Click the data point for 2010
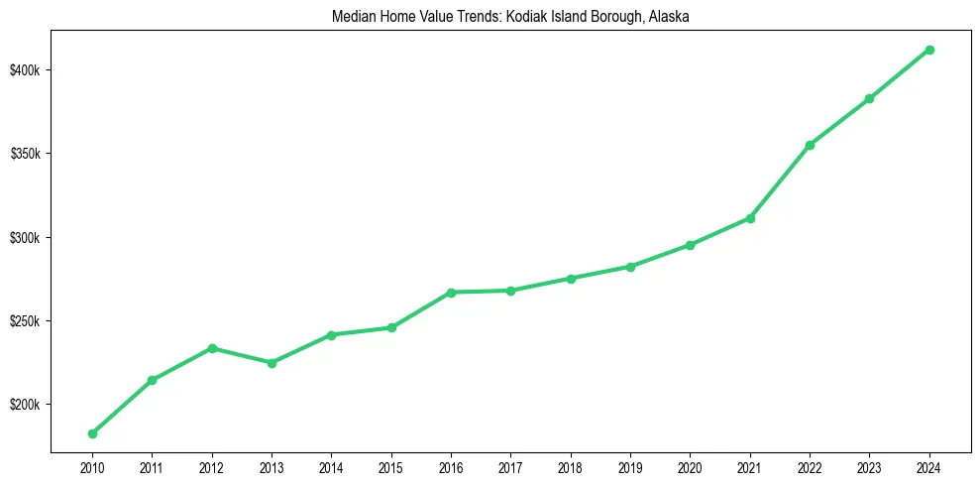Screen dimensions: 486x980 pos(92,433)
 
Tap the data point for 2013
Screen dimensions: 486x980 pos(272,363)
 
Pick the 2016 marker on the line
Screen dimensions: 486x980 pos(451,293)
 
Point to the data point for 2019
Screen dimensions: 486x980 pos(630,267)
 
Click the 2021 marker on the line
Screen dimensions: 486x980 pos(750,218)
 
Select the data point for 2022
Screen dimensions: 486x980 pos(810,145)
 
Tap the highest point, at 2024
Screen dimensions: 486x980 pos(929,50)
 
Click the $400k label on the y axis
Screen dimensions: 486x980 pos(26,70)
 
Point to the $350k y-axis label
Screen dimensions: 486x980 pos(26,155)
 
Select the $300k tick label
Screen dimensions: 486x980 pos(26,238)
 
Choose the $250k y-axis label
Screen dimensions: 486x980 pos(26,321)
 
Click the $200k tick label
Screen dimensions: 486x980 pos(26,405)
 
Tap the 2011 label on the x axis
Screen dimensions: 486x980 pos(152,467)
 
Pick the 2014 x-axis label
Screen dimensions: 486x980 pos(331,467)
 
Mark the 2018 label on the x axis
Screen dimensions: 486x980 pos(571,467)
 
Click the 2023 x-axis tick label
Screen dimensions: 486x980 pos(869,467)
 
